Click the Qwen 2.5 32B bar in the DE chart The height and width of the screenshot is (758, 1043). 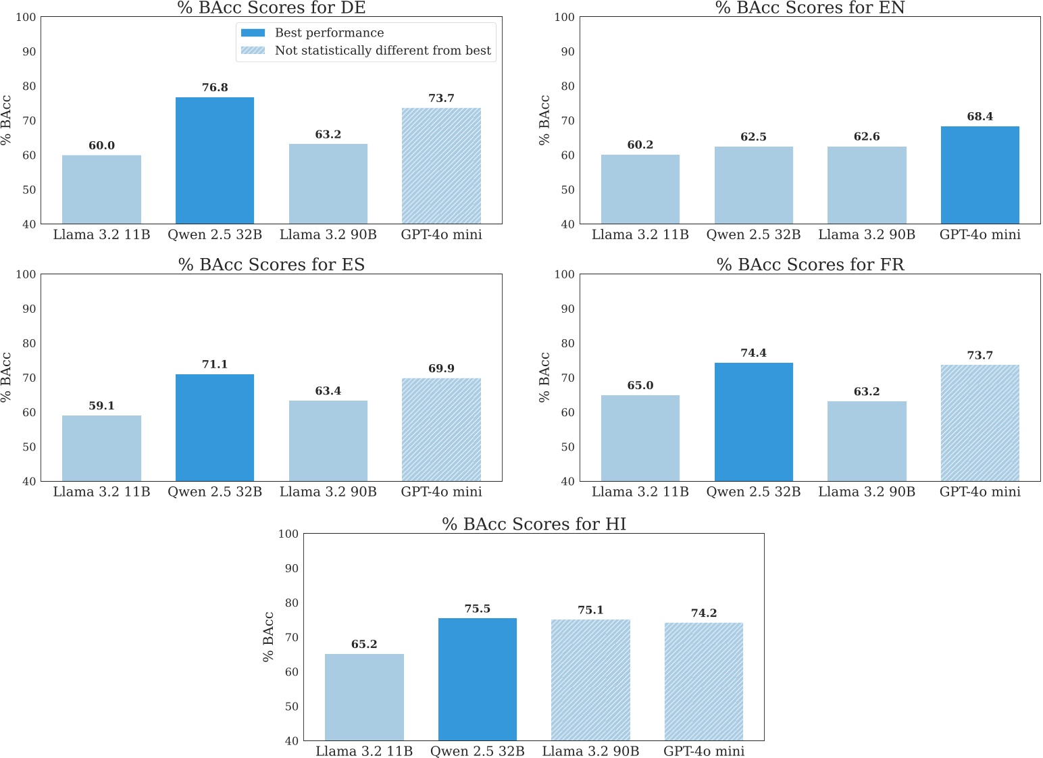coord(215,161)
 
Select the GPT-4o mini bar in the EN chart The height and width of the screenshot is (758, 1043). coord(980,175)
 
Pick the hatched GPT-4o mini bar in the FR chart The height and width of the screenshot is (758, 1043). coord(980,423)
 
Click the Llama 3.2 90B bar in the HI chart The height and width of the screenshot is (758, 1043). coord(590,680)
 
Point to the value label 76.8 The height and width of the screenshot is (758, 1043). coord(215,87)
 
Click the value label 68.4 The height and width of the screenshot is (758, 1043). coord(980,116)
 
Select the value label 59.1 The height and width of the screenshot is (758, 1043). coord(101,405)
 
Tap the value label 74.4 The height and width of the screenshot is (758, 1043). coord(753,353)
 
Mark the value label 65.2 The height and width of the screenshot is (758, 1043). coord(364,644)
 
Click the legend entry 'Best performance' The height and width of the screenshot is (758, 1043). coord(329,32)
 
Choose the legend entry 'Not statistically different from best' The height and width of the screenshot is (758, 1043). coord(382,51)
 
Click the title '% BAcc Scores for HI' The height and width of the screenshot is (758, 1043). coord(534,524)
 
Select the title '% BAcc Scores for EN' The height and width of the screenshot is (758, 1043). coord(810,8)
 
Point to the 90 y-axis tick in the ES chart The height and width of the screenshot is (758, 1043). coord(29,309)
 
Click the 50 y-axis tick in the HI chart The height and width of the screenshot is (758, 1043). coord(291,706)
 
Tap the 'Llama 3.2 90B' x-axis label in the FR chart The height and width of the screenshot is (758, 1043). coord(867,492)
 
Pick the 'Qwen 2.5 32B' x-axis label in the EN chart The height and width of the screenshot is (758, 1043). coord(753,234)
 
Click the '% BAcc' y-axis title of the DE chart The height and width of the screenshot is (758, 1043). coord(7,120)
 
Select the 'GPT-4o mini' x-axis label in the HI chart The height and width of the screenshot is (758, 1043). coord(704,751)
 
